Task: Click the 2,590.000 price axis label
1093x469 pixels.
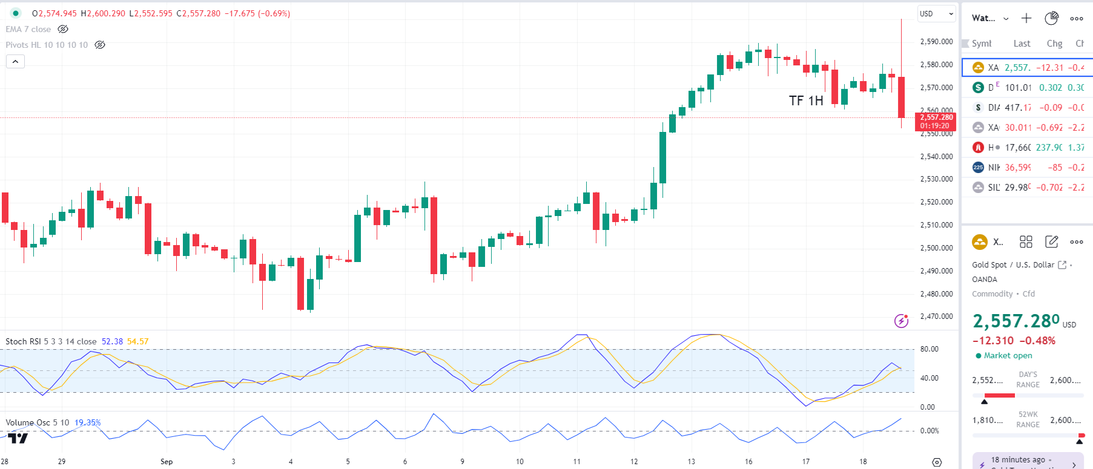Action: coord(936,42)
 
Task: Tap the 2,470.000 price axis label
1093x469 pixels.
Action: coord(936,316)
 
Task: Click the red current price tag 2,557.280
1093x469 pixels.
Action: coord(936,117)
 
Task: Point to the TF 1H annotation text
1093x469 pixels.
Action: coord(806,101)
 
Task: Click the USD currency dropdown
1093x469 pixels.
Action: coord(936,14)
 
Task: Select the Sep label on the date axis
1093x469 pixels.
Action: coord(167,462)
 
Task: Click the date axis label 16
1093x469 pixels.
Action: coord(748,462)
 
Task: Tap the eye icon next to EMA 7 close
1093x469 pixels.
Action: coord(63,29)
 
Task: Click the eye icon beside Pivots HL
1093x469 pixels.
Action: coord(100,45)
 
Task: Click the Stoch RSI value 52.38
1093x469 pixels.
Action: coord(112,342)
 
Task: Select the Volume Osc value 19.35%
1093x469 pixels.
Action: coord(88,423)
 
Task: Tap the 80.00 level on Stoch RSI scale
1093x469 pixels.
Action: coord(929,349)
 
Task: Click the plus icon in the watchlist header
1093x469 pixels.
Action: coord(1026,18)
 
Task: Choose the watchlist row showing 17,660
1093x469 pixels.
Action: coord(1027,148)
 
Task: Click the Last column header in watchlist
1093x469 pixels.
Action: coord(1022,44)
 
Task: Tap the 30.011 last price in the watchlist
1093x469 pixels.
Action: coord(1018,128)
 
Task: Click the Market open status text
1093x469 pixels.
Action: coord(1008,356)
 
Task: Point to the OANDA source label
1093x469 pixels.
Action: coord(985,280)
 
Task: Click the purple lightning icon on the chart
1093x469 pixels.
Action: coord(901,321)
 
